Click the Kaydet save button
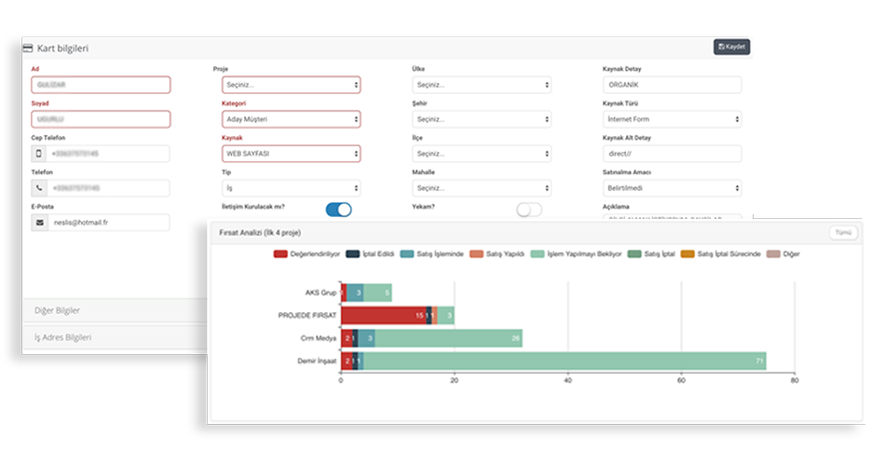click(731, 47)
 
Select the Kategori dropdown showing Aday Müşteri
click(291, 119)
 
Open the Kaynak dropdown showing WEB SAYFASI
click(291, 154)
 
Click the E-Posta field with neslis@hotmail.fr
click(112, 223)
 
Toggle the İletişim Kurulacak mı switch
click(338, 210)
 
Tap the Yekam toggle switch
click(528, 210)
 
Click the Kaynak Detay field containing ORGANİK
click(672, 85)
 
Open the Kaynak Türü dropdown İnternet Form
click(672, 119)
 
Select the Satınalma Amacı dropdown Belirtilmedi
click(672, 188)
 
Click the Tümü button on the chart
click(842, 233)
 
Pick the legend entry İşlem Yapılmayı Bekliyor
click(579, 253)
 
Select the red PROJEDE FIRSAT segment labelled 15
click(383, 315)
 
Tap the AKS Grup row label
click(320, 293)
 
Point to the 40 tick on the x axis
click(568, 380)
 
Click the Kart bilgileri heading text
click(62, 48)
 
